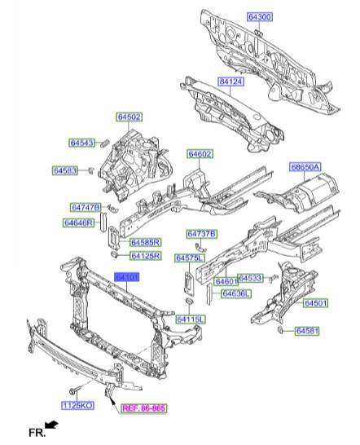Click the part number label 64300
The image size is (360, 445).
pyautogui.click(x=261, y=16)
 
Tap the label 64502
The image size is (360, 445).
pyautogui.click(x=129, y=117)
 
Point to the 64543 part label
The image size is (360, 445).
pyautogui.click(x=81, y=143)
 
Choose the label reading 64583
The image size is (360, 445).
pyautogui.click(x=65, y=170)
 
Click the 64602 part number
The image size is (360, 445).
pyautogui.click(x=200, y=154)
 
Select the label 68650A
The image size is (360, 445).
pyautogui.click(x=305, y=167)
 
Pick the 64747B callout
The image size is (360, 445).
pyautogui.click(x=85, y=208)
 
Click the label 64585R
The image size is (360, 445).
pyautogui.click(x=146, y=242)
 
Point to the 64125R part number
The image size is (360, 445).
pyautogui.click(x=146, y=256)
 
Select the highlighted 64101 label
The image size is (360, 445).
pyautogui.click(x=127, y=278)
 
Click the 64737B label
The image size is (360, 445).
pyautogui.click(x=201, y=234)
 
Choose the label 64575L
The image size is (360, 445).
pyautogui.click(x=189, y=258)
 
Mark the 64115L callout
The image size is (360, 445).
pyautogui.click(x=191, y=319)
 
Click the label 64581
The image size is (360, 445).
pyautogui.click(x=307, y=331)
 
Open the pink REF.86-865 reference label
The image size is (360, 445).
pyautogui.click(x=143, y=410)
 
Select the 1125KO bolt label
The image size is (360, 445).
pyautogui.click(x=78, y=405)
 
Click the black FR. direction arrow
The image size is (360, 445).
pyautogui.click(x=51, y=425)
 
